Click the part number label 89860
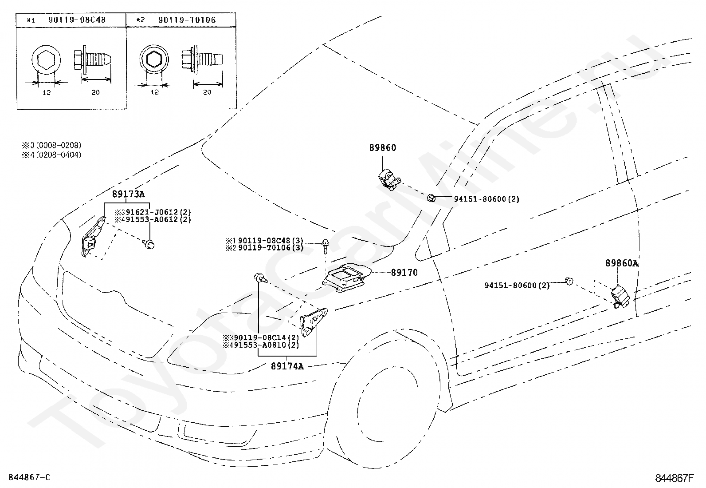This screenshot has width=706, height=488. [383, 147]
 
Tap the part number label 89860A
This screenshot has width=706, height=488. [621, 263]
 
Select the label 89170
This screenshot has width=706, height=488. [404, 272]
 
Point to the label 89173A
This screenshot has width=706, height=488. [128, 194]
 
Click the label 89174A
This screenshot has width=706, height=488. [287, 366]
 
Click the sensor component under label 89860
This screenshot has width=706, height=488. [389, 180]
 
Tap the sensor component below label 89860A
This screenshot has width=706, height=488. [620, 297]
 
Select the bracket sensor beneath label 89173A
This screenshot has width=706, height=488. [94, 237]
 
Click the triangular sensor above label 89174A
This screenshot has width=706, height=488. [313, 322]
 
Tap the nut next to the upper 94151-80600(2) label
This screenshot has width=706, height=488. [431, 198]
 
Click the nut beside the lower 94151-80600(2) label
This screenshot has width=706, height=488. [569, 281]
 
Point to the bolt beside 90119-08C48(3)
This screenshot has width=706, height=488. [326, 246]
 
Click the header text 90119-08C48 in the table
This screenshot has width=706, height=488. [77, 20]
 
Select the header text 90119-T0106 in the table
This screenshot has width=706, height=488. [187, 20]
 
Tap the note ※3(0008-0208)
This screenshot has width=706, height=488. [51, 145]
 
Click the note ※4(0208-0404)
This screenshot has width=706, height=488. [51, 155]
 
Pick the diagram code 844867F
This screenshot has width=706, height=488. [675, 478]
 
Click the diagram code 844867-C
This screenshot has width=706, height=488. [29, 477]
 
